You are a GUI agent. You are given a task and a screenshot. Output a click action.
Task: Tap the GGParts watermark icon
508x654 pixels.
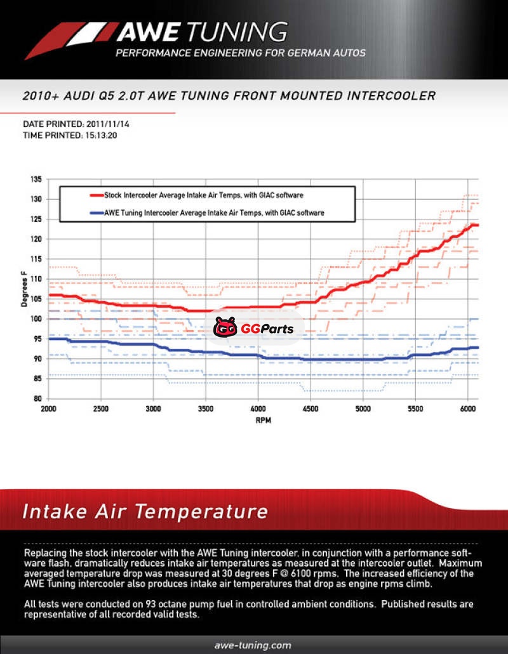click(225, 327)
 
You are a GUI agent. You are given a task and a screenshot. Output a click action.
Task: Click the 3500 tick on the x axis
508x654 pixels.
click(206, 409)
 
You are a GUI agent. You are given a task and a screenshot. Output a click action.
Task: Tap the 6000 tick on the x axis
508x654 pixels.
click(467, 409)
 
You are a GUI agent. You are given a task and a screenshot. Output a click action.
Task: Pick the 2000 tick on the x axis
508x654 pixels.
click(49, 409)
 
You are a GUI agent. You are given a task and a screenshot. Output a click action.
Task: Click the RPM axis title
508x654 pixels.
click(263, 421)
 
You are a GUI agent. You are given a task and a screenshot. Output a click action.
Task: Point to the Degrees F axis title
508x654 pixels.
click(25, 289)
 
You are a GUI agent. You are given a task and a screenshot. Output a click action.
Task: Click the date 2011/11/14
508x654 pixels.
click(107, 124)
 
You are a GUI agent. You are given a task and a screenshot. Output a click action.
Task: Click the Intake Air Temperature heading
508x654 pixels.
click(145, 511)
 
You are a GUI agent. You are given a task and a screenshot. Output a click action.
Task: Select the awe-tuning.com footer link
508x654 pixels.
click(253, 645)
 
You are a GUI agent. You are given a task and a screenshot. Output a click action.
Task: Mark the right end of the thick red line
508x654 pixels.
click(477, 225)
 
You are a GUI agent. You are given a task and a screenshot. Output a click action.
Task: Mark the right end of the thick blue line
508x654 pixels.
click(477, 348)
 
